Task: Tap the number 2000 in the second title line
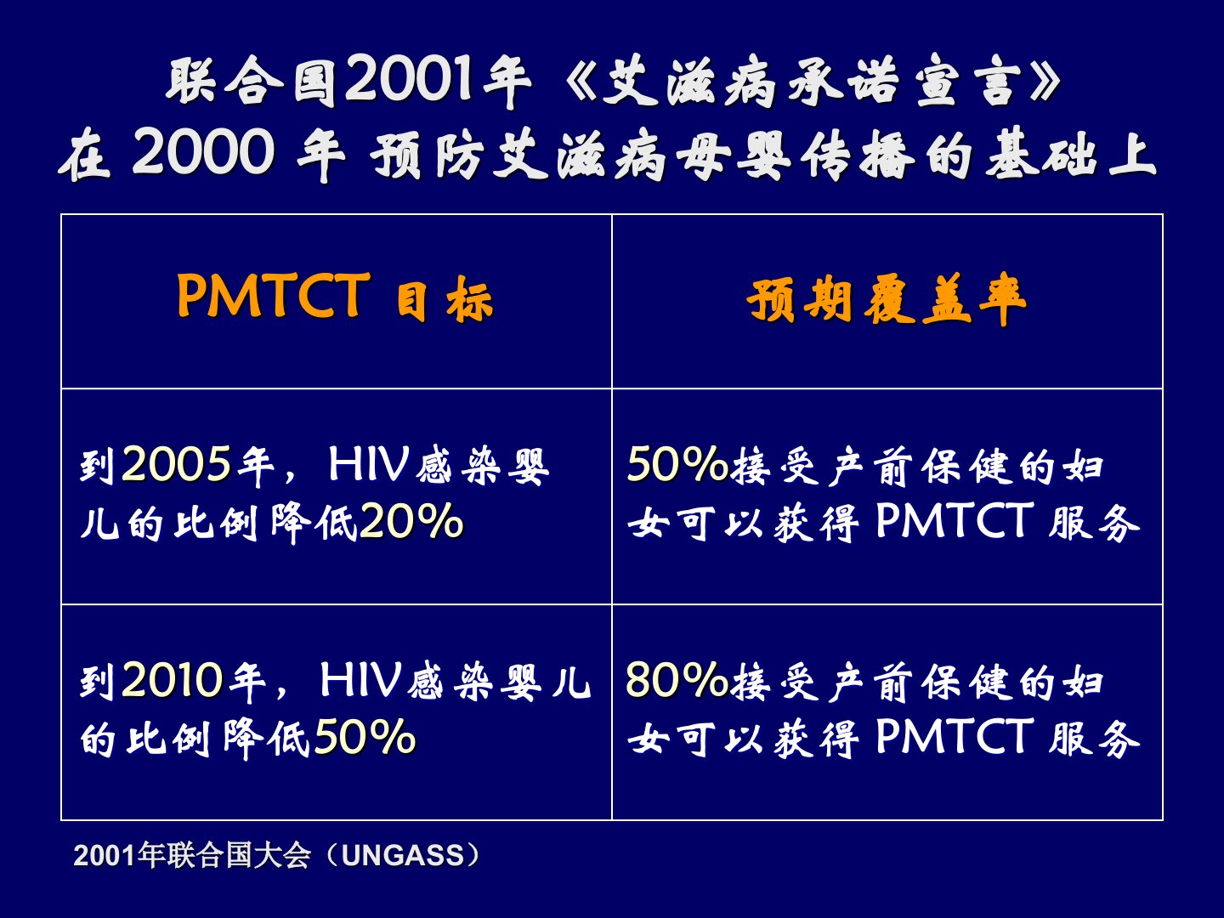pos(203,152)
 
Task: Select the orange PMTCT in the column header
pos(273,295)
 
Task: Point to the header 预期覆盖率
pos(887,298)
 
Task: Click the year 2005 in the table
pos(176,464)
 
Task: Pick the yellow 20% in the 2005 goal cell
pos(411,520)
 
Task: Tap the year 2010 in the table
pos(173,679)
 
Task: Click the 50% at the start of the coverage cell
pos(677,463)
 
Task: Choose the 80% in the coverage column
pos(677,679)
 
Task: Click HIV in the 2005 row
pos(369,464)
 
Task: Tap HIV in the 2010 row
pos(360,679)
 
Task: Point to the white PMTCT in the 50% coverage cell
pos(955,520)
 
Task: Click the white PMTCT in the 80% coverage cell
pos(955,736)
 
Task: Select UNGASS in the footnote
pos(403,856)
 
